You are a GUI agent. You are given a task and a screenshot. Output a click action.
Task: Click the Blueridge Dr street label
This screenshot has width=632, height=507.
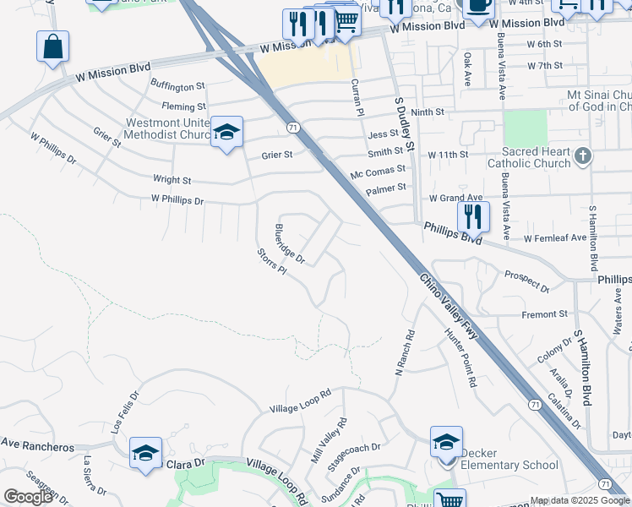pos(290,243)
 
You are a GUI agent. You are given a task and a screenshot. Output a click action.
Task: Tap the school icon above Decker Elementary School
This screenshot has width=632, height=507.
pos(446,441)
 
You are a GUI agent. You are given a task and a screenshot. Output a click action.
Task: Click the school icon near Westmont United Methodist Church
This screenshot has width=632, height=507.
pos(226,131)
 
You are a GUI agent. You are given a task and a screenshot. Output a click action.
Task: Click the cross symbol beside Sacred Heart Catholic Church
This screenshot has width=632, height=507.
pos(583,155)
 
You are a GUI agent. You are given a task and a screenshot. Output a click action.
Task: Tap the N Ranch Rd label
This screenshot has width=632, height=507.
pos(406,352)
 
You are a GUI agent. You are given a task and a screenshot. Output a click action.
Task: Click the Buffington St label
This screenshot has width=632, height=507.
pos(178,85)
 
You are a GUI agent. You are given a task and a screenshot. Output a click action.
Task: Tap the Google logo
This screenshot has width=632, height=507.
pos(28,497)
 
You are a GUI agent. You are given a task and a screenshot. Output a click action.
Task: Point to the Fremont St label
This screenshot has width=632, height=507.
pos(545,314)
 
